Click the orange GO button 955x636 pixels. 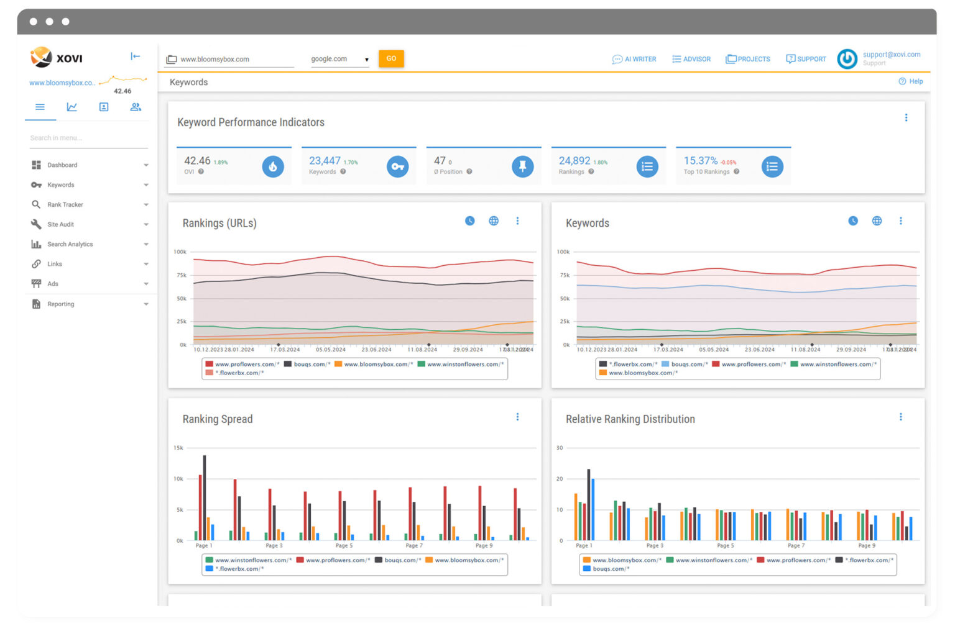[391, 58]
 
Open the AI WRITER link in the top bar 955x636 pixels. [634, 59]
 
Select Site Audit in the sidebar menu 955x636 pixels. [60, 224]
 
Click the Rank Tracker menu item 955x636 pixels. [65, 204]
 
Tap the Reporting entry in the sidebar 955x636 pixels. [60, 304]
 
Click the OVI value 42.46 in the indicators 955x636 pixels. [197, 161]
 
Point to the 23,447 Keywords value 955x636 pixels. [325, 161]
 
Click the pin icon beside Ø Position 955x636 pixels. [522, 166]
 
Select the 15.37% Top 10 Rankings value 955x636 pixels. [700, 161]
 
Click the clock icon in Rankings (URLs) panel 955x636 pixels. [470, 221]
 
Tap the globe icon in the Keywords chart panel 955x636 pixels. [877, 221]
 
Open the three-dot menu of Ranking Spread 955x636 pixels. [517, 417]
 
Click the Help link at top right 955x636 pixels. [911, 81]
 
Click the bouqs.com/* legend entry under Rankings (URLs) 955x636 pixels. [307, 365]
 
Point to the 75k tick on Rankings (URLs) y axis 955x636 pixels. [181, 275]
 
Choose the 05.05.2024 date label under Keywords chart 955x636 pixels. [714, 350]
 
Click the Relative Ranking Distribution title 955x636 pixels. [630, 419]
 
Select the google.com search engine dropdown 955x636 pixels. [339, 59]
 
